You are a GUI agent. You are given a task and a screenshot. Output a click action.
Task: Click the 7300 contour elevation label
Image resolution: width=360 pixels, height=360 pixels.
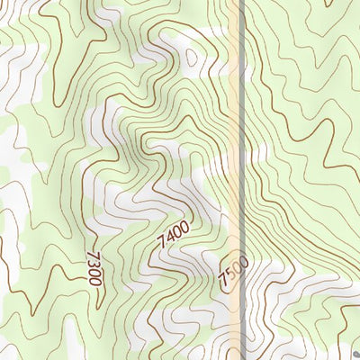93,269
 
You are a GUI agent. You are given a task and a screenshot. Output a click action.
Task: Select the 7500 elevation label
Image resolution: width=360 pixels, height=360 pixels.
232,272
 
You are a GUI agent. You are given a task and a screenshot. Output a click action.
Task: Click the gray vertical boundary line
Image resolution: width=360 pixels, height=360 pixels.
245,135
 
